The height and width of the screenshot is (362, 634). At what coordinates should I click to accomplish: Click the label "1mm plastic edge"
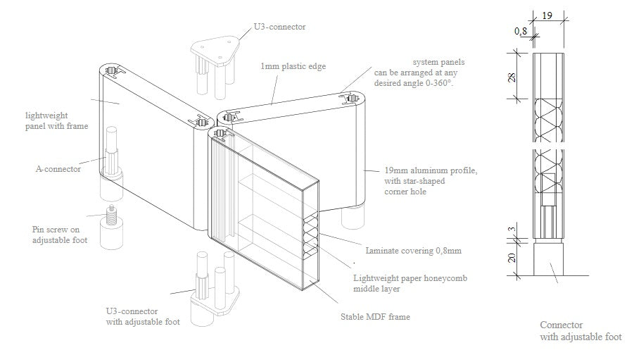coord(293,66)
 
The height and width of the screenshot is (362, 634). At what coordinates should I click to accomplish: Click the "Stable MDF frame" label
coord(375,317)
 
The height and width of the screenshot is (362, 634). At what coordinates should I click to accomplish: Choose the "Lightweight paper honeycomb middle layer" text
coord(410,284)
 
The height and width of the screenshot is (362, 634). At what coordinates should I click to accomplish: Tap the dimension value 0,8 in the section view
coord(521,31)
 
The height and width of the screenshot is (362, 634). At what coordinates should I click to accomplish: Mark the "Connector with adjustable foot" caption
coord(581,331)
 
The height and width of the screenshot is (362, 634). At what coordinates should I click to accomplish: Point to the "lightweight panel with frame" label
coord(56,120)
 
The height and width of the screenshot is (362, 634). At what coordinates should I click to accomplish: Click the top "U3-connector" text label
coord(280,27)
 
